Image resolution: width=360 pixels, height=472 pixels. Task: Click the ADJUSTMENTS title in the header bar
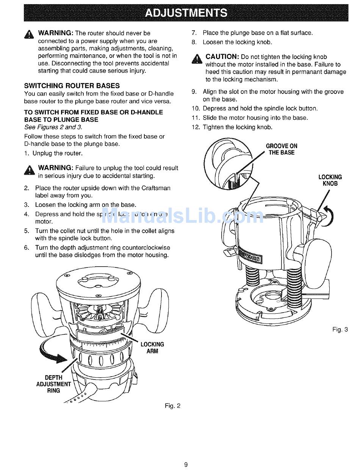click(x=186, y=13)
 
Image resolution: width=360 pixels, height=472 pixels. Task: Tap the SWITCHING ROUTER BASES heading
click(x=72, y=86)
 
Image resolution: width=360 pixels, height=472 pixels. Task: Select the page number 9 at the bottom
click(x=186, y=464)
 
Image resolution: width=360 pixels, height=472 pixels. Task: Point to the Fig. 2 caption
click(x=173, y=406)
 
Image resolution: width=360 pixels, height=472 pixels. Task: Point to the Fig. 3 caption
click(x=340, y=330)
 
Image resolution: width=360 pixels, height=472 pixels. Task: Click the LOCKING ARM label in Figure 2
click(x=152, y=348)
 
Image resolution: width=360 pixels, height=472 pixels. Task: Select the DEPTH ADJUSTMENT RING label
click(x=53, y=384)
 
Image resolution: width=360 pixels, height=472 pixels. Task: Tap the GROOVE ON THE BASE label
click(x=282, y=149)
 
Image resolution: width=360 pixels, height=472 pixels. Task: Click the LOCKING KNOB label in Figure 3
click(x=330, y=180)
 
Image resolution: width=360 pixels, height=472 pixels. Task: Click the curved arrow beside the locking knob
click(x=330, y=216)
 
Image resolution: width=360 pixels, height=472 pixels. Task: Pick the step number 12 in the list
click(x=195, y=127)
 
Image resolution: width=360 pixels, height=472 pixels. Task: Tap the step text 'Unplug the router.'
click(x=57, y=153)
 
